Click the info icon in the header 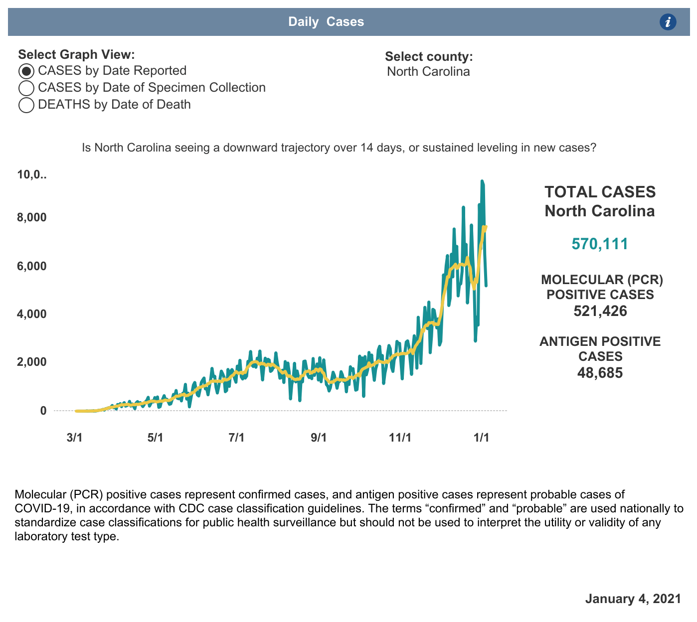668,22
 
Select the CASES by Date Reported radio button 26,71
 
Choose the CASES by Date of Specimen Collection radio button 26,88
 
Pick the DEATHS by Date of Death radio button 26,105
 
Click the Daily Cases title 326,22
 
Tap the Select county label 429,57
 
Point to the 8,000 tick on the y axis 31,217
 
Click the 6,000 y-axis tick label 31,266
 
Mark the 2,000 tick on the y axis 31,362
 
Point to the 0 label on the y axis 43,411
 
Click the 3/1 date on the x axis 74,438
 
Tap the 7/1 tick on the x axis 237,438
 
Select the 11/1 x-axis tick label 400,438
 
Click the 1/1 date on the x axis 481,438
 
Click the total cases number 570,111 600,244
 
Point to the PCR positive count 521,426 600,311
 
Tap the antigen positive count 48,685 600,373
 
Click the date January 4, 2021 633,599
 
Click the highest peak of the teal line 482,181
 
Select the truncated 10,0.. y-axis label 31,175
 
